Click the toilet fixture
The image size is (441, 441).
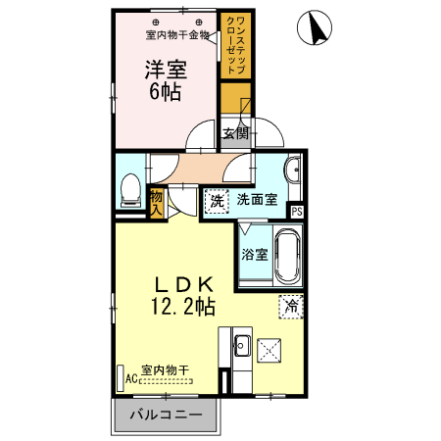click(128, 190)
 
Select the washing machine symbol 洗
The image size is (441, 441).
click(216, 201)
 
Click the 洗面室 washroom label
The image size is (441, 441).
click(257, 201)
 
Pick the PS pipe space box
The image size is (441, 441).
click(297, 210)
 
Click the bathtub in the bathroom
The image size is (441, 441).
click(287, 257)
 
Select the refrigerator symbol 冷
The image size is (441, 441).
click(289, 305)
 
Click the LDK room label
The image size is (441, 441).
click(181, 284)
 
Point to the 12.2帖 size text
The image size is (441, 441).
click(182, 307)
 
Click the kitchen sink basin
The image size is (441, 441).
click(241, 346)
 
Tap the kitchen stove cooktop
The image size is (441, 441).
click(271, 349)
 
